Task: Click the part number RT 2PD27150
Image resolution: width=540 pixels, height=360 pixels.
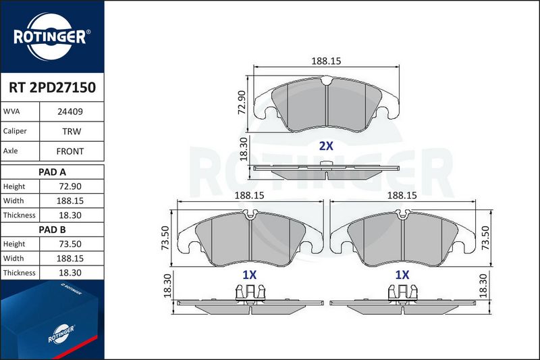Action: click(x=53, y=88)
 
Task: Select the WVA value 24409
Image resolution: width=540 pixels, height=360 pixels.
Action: click(x=70, y=111)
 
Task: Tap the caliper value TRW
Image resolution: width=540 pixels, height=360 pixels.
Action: click(x=72, y=131)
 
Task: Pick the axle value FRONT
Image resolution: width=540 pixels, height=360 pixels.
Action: click(x=70, y=151)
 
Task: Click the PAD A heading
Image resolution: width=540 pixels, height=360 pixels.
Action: click(x=52, y=172)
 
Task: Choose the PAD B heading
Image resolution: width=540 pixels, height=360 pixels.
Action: click(x=52, y=230)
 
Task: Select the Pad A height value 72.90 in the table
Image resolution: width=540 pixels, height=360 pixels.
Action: click(x=70, y=186)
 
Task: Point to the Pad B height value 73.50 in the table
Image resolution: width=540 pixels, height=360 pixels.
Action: click(x=70, y=244)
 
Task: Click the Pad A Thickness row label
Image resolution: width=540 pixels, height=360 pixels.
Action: click(x=20, y=215)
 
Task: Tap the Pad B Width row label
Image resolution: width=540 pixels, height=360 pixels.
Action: click(x=13, y=259)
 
